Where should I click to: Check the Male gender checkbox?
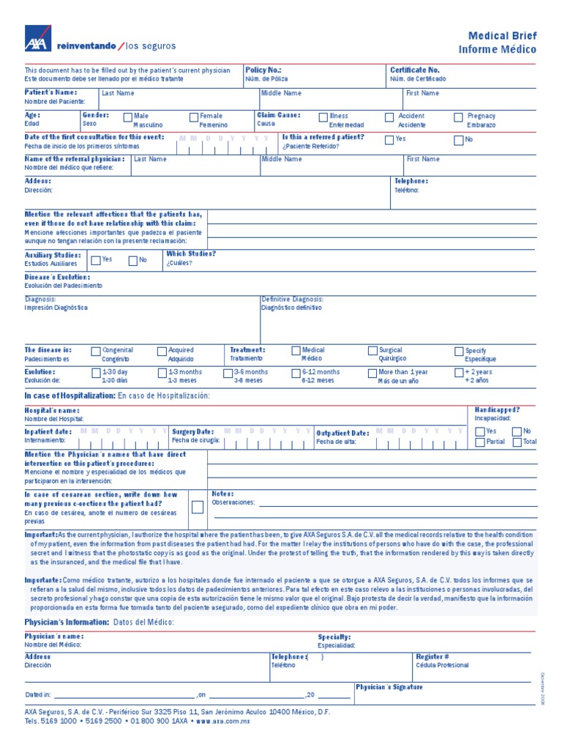pos(128,116)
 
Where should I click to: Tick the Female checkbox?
pos(194,116)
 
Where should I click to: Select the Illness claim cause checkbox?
pos(323,116)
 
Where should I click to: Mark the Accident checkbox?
pos(389,116)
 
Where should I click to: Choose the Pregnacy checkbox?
pos(459,116)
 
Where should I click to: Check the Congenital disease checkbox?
pos(96,352)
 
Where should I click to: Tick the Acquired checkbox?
pos(162,352)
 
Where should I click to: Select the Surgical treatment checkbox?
pos(373,352)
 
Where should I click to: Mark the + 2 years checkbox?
pos(459,373)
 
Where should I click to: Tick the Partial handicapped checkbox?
pos(480,442)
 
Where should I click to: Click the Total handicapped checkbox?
pos(517,442)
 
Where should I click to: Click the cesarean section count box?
pos(198,508)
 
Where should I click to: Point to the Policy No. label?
pos(263,70)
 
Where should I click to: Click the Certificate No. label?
pos(414,70)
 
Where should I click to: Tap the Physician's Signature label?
pos(389,687)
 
